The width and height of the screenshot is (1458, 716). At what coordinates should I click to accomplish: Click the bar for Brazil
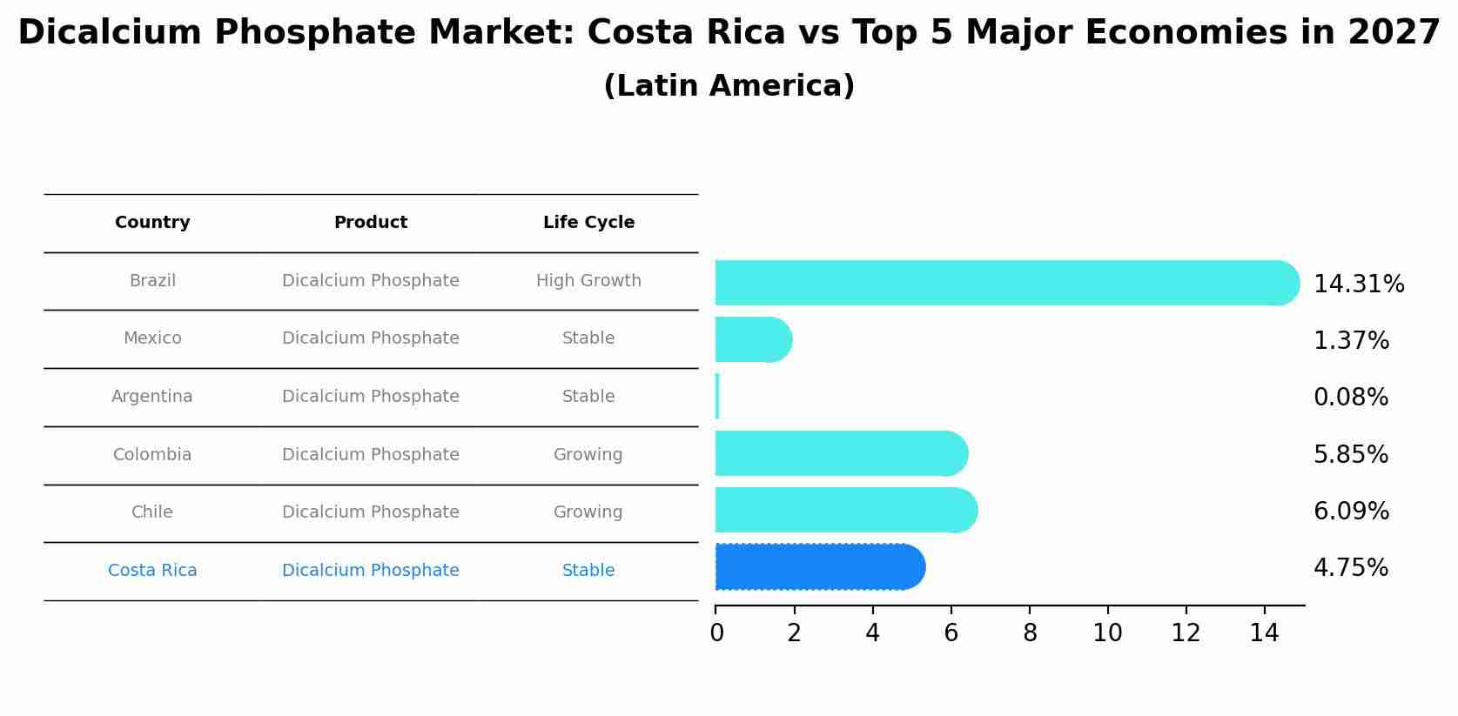pos(1001,283)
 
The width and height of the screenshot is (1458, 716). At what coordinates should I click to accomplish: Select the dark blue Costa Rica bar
pos(818,567)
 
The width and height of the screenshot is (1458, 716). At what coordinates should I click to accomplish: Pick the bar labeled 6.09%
pos(844,510)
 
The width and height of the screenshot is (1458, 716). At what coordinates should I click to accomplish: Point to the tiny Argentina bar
pos(717,397)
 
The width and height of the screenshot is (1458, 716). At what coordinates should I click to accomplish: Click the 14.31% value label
pos(1358,284)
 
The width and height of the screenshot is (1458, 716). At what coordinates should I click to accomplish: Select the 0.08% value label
pos(1350,398)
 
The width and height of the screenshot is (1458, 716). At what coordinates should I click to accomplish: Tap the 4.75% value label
pos(1350,568)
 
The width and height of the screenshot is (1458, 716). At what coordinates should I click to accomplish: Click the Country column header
pos(152,223)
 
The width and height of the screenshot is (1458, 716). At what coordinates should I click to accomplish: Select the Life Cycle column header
pos(588,223)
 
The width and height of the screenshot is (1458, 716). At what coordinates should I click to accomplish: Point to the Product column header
pos(371,223)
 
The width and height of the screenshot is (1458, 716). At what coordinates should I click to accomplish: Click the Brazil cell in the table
pos(152,281)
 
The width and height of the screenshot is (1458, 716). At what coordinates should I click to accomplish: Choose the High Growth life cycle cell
pos(588,281)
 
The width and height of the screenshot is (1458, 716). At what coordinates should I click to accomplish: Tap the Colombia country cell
pos(152,455)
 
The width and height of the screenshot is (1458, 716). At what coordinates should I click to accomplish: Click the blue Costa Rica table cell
pos(152,571)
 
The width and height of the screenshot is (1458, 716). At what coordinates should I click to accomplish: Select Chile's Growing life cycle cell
pos(588,512)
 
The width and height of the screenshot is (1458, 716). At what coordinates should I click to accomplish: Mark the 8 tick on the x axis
pos(1030,633)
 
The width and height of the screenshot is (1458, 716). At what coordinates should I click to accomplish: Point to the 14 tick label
pos(1264,633)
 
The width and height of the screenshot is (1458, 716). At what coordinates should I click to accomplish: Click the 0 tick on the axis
pos(716,633)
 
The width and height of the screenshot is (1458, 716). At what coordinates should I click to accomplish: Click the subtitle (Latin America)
pos(729,86)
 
